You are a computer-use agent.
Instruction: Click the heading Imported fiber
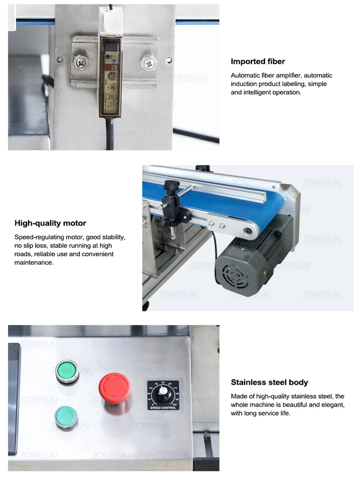coord(258,62)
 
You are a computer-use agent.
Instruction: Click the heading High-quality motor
coord(50,223)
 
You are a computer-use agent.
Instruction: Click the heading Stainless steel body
coord(269,382)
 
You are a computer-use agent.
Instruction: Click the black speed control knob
coord(163,394)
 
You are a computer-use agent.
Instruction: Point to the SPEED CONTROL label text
coord(163,408)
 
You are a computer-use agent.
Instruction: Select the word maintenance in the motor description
coord(34,263)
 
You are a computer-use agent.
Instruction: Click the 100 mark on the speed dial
coord(174,404)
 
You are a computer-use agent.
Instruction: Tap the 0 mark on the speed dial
coord(152,404)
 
